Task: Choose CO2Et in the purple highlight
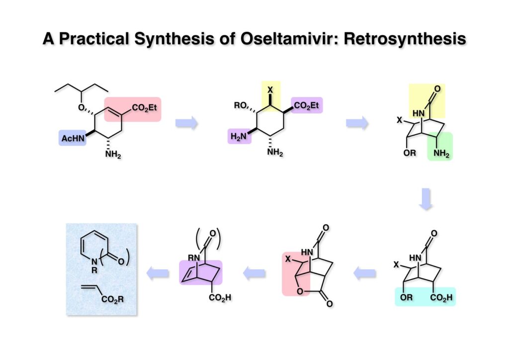(x=307, y=105)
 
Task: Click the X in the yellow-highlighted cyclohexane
(x=270, y=90)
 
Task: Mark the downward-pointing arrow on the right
(x=427, y=199)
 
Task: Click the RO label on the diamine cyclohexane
(x=241, y=105)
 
